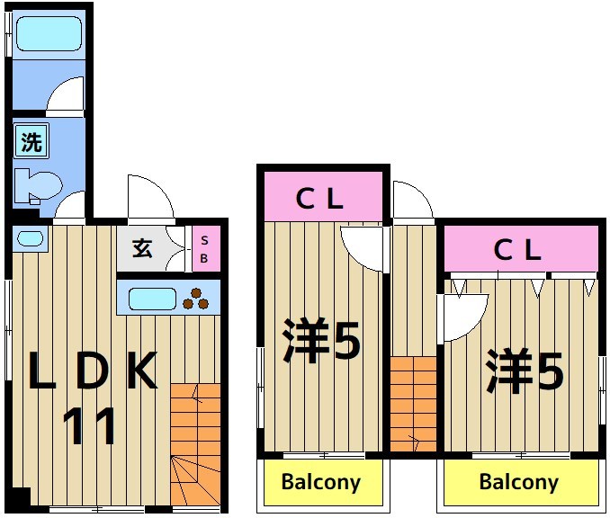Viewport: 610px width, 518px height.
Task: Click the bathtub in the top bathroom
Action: (49, 33)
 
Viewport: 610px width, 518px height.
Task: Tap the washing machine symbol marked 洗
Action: (31, 141)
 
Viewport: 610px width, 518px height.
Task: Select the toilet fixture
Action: (38, 186)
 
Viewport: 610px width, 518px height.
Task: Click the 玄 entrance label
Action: (142, 248)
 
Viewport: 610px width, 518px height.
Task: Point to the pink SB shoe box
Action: (206, 249)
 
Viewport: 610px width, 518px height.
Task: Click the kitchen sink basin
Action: (152, 299)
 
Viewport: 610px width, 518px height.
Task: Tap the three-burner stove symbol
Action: (195, 299)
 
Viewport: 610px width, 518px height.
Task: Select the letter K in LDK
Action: (143, 371)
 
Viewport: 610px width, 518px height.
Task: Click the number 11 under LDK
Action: (90, 425)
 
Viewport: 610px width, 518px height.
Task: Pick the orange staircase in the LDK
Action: (195, 444)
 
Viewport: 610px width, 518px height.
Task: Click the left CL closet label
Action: (319, 199)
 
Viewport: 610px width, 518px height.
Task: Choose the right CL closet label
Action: (517, 249)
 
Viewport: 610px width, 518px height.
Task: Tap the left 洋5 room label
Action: (322, 341)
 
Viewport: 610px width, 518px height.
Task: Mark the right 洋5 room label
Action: (525, 371)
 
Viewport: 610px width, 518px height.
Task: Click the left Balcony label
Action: (321, 482)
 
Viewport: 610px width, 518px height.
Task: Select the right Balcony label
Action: (519, 482)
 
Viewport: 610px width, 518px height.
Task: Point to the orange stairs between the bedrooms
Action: (414, 404)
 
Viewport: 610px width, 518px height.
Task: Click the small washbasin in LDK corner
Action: (30, 239)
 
